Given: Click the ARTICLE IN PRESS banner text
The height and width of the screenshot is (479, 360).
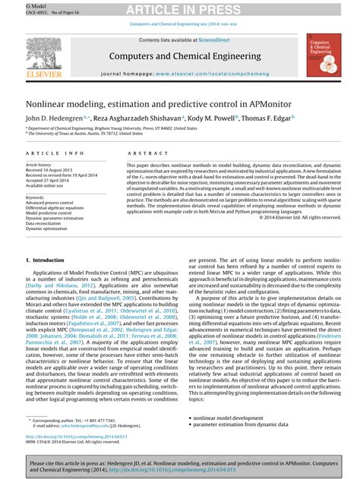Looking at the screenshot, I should pyautogui.click(x=179, y=8).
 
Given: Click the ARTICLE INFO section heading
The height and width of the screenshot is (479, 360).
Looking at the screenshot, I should pyautogui.click(x=55, y=152).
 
